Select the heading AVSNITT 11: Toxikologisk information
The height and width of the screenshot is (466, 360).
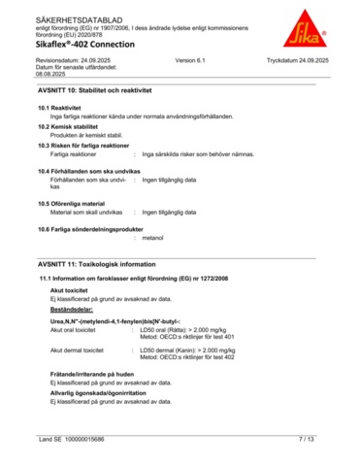click(x=96, y=263)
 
